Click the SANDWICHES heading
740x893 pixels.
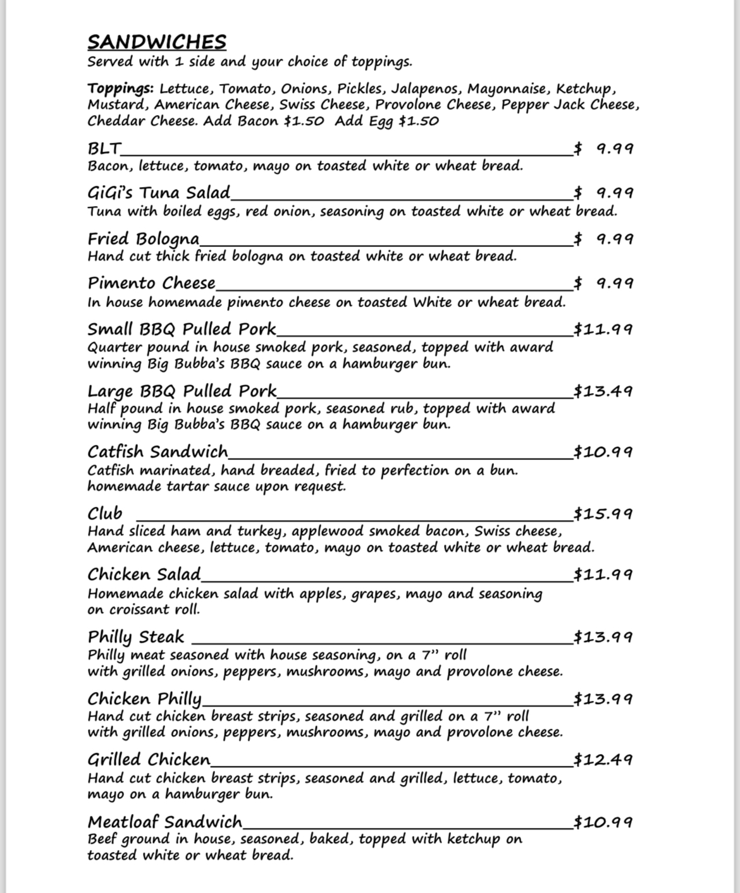(156, 42)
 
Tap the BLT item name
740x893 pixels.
(104, 149)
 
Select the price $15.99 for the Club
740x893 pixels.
(603, 513)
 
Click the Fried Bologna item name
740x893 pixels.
(143, 239)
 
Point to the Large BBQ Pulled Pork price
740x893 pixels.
(603, 391)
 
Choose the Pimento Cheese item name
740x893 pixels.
(151, 282)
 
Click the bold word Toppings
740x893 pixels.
(120, 88)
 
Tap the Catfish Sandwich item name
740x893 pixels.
(157, 451)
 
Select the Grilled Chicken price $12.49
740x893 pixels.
(603, 759)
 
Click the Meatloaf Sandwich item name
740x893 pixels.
(164, 822)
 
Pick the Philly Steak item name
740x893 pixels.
(135, 636)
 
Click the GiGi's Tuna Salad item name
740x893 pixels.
(158, 193)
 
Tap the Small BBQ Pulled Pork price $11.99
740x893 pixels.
(603, 329)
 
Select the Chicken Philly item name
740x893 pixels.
(144, 698)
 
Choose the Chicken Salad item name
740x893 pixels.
(144, 574)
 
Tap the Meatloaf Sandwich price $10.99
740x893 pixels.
(603, 822)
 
